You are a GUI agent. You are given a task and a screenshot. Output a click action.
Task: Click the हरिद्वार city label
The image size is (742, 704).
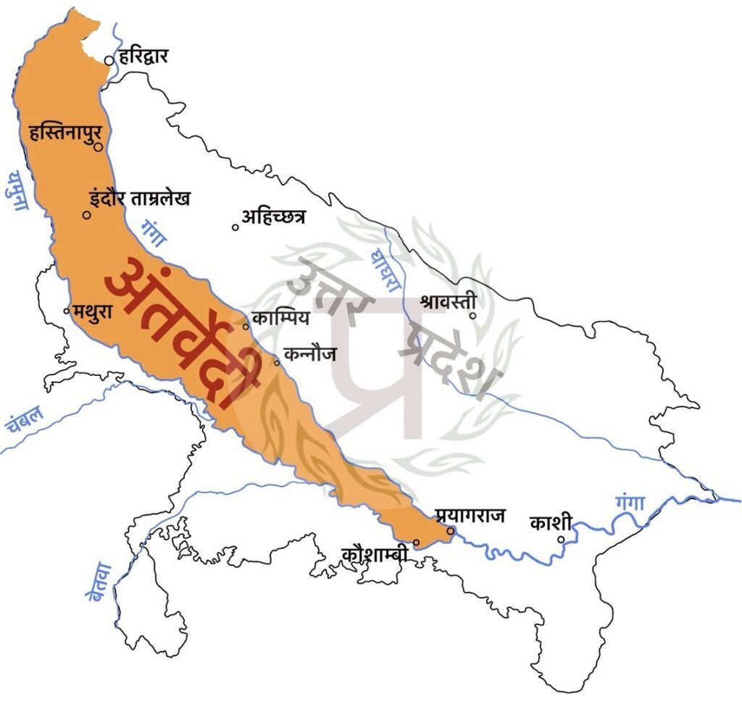point(143,54)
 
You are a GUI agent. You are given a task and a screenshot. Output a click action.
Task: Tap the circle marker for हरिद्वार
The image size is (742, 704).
point(109,62)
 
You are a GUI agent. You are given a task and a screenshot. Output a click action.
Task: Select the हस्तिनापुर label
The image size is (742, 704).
point(64,134)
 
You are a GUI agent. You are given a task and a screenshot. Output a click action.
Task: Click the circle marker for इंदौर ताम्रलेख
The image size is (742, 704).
point(86,214)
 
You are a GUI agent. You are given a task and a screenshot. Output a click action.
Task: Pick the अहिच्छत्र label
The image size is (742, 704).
point(274,216)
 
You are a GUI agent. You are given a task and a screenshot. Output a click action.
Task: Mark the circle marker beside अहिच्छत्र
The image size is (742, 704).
point(235,227)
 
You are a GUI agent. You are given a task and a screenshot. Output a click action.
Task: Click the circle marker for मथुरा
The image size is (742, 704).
point(67,311)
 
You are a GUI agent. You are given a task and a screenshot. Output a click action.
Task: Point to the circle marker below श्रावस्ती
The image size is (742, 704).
point(472,316)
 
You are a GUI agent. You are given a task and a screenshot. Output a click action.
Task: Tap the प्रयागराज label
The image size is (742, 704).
point(470,516)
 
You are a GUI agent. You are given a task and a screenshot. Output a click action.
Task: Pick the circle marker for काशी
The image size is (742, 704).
point(561,539)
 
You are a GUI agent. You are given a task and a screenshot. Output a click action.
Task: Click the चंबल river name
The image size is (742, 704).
point(25,419)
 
